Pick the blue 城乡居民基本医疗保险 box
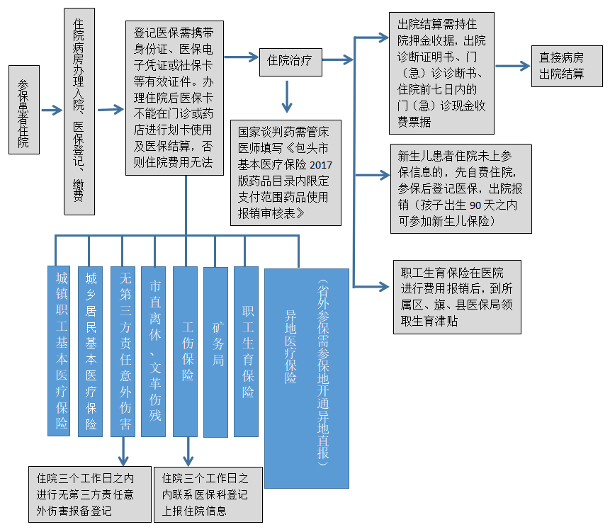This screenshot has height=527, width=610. [90, 351]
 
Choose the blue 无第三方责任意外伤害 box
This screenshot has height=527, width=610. [123, 351]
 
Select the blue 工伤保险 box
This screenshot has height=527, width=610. [186, 351]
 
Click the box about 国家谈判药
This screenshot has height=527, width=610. [286, 173]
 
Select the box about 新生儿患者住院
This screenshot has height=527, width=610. [461, 188]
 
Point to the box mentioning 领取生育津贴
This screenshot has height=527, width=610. [457, 297]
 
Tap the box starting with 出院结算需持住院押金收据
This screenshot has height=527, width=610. [441, 72]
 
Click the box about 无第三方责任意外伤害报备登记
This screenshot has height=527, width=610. [89, 493]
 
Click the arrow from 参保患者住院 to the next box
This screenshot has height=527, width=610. [52, 110]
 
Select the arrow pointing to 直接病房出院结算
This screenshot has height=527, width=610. [512, 66]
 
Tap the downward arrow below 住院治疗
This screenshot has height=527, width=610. [286, 97]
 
